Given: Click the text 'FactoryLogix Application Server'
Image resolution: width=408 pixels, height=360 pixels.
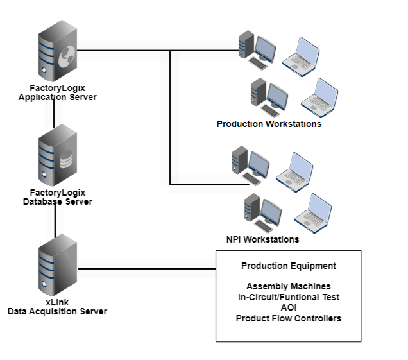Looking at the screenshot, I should click(x=57, y=93).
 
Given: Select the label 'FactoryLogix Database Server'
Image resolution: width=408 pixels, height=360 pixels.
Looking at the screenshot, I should click(x=57, y=197).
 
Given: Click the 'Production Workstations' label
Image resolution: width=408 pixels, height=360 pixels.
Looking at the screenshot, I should click(x=269, y=124).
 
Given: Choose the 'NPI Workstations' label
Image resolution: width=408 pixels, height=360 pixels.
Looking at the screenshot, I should click(x=262, y=239).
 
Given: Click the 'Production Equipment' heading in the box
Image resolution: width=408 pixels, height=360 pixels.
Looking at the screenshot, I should click(x=288, y=266).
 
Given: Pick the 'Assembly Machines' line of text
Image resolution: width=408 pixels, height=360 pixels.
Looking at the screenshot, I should click(x=288, y=286).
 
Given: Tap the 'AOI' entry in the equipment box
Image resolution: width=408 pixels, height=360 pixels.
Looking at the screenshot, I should click(x=288, y=307).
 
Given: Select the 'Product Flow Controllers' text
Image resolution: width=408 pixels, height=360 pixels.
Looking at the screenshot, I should click(x=288, y=318).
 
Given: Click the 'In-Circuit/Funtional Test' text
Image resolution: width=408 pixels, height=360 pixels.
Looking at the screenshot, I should click(x=288, y=297).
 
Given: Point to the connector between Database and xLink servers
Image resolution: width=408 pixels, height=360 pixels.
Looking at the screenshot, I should click(x=55, y=221).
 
